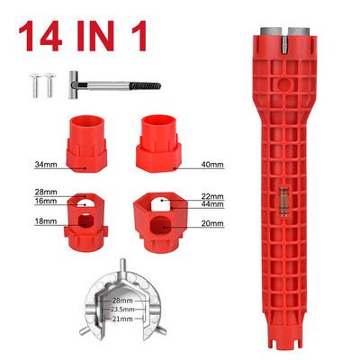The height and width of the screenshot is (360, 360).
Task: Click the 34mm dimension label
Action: pyautogui.click(x=46, y=165)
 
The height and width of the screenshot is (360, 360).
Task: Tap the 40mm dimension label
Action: pyautogui.click(x=212, y=165)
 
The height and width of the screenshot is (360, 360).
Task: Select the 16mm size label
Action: pyautogui.click(x=46, y=201)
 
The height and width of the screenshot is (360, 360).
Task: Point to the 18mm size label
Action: pyautogui.click(x=46, y=221)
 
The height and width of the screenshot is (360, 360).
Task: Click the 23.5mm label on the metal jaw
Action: pyautogui.click(x=122, y=310)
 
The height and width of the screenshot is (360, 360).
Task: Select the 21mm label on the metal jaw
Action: pyautogui.click(x=122, y=319)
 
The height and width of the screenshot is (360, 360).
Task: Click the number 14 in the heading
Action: pyautogui.click(x=40, y=36)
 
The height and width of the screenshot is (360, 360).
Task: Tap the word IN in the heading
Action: pyautogui.click(x=95, y=36)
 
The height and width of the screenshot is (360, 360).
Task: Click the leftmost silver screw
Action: pyautogui.click(x=35, y=85)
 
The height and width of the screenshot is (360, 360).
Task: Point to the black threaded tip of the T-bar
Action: pyautogui.click(x=145, y=85)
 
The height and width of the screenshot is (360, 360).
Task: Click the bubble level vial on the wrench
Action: pyautogui.click(x=283, y=201)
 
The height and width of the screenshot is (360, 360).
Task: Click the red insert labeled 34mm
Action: pyautogui.click(x=86, y=144)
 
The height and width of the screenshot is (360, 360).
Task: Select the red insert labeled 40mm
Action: pyautogui.click(x=158, y=143)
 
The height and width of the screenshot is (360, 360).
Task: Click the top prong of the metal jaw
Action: pyautogui.click(x=121, y=265)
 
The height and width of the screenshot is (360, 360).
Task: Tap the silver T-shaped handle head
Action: pyautogui.click(x=73, y=85)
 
